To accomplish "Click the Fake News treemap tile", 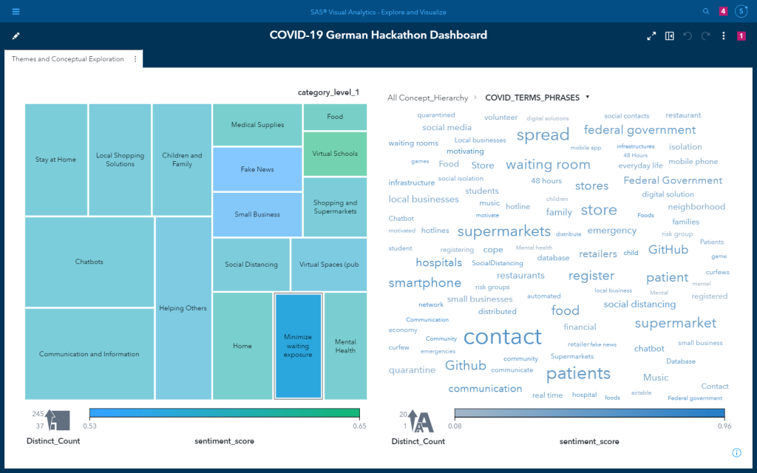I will tap(257, 169).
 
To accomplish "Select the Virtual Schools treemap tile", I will tap(335, 154).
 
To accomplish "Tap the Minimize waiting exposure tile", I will tap(298, 346).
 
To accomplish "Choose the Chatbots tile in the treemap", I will tap(89, 262).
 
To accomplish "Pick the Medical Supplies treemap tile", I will tap(257, 125).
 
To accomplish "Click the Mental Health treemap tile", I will tap(345, 346).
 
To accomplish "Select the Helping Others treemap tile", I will tap(183, 308).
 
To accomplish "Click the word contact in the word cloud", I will tap(503, 337).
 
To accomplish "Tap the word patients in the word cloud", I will tap(578, 373).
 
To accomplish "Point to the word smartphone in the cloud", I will tap(425, 283).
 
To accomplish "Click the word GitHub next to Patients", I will tap(668, 250).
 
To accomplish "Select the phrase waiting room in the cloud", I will tap(548, 165).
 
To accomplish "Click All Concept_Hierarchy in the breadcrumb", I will tap(427, 98).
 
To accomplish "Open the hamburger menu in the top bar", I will tap(16, 12).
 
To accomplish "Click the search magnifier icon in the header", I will tap(706, 12).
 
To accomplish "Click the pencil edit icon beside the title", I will tap(16, 35).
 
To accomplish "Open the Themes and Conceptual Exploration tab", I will tap(68, 59).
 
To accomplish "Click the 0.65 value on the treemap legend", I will tap(359, 426).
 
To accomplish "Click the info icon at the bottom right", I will tap(736, 452).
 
